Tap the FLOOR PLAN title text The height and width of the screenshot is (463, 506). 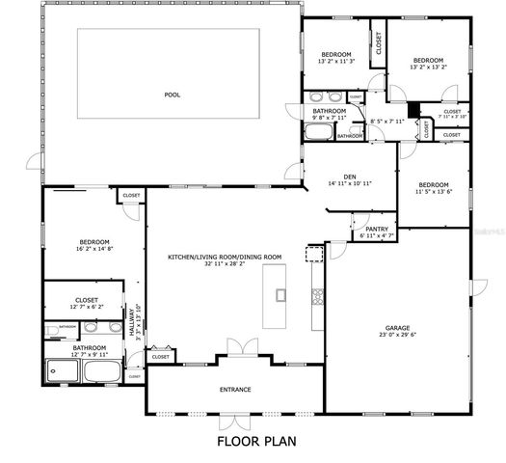click(255, 442)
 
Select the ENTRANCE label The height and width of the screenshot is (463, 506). click(234, 390)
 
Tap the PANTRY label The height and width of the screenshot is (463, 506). click(376, 228)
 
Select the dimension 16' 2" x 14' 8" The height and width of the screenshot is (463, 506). click(94, 249)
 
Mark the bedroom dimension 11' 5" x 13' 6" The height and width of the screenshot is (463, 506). click(433, 192)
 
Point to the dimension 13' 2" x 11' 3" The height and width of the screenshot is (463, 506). click(336, 62)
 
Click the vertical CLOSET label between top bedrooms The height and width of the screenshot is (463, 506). click(379, 43)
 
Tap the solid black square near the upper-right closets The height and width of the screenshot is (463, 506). click(413, 110)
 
